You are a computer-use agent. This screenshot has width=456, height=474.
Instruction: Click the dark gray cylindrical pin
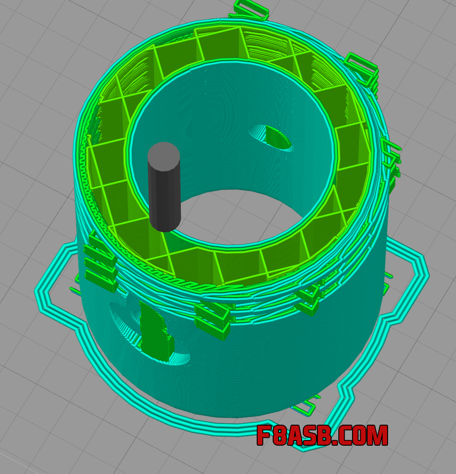(164, 187)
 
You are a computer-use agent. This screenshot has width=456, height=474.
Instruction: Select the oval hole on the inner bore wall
(270, 138)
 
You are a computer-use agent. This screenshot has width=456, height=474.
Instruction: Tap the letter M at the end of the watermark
(377, 435)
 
